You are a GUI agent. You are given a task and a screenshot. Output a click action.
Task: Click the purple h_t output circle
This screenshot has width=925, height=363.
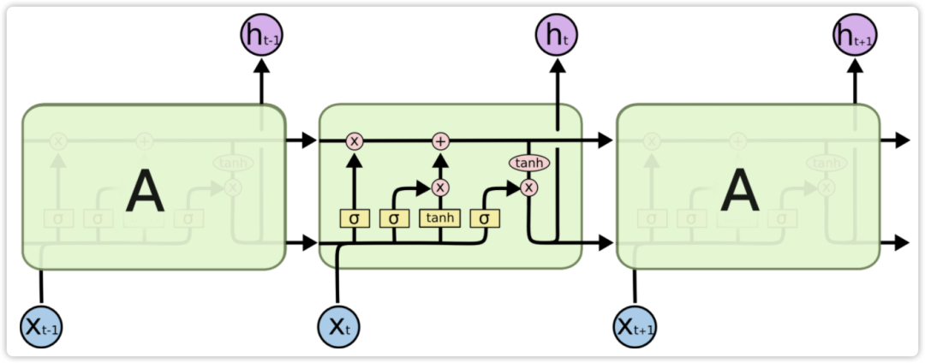tap(558, 35)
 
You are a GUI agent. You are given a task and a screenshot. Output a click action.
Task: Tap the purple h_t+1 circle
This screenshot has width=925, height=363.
tap(855, 35)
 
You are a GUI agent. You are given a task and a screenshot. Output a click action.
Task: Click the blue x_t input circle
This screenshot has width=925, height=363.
tap(340, 326)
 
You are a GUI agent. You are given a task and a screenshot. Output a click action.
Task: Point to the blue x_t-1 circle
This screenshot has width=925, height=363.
tap(41, 326)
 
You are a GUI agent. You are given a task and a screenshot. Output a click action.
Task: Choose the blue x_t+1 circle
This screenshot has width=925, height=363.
tap(636, 326)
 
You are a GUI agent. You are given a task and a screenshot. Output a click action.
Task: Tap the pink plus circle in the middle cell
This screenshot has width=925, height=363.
tap(440, 141)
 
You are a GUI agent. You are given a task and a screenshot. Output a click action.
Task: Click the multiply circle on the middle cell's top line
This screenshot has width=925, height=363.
tap(354, 141)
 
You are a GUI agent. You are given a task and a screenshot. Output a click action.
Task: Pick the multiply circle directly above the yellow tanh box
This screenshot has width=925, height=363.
tap(440, 187)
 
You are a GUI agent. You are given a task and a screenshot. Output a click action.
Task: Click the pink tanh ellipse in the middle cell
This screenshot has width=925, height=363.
tap(529, 162)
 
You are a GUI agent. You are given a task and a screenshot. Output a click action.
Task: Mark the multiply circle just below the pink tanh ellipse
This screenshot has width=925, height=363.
tap(529, 187)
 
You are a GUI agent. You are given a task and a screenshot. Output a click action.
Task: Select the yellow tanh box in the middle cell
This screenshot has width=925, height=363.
tap(440, 218)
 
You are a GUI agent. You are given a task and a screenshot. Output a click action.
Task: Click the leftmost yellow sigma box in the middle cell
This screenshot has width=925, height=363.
tap(354, 218)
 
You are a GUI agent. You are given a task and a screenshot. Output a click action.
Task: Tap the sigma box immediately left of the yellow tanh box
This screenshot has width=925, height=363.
tap(394, 218)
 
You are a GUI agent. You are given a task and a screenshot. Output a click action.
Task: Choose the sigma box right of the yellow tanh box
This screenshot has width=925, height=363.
tap(485, 218)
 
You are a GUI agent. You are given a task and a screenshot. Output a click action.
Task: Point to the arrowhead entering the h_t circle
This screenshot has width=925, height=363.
tap(558, 65)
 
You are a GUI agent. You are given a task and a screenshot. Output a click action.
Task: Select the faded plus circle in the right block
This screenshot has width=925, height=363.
tap(737, 141)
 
